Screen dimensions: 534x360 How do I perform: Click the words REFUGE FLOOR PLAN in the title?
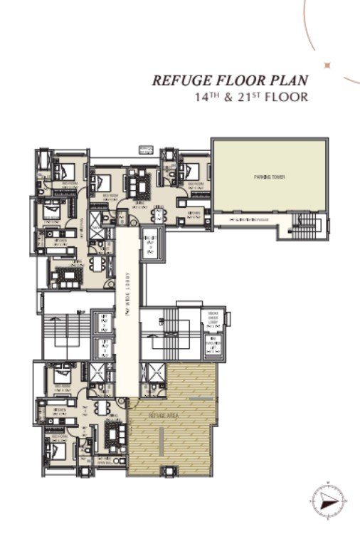[x=229, y=80]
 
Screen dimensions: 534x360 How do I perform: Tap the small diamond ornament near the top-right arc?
[x=327, y=66]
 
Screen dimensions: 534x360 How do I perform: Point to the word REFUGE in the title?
[x=179, y=80]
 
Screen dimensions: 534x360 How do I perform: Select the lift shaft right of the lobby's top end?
[x=149, y=244]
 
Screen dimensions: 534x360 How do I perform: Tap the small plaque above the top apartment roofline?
[x=146, y=150]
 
